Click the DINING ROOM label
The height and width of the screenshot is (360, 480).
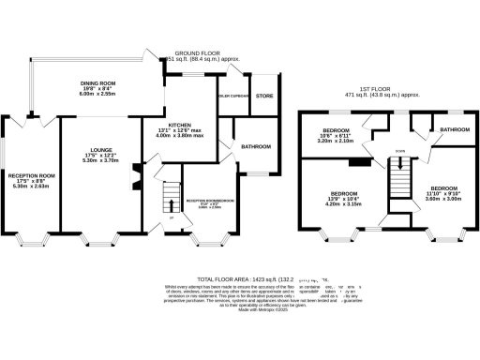point(97,82)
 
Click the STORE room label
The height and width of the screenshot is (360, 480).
point(263,95)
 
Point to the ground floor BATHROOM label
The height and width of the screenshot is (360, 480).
point(255,146)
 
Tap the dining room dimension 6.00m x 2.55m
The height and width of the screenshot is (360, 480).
point(97,94)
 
